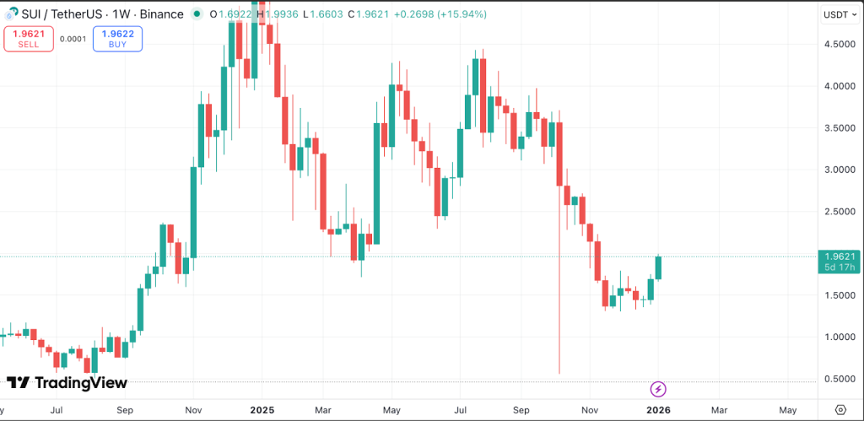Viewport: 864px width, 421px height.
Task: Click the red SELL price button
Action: tap(28, 39)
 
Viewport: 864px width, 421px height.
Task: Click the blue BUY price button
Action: tap(117, 39)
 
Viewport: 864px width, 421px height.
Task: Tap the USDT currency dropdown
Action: tap(839, 14)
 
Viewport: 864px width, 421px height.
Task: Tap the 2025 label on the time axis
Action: tap(262, 409)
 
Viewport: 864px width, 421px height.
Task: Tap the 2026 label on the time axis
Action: tap(658, 409)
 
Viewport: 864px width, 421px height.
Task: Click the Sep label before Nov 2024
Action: tap(125, 409)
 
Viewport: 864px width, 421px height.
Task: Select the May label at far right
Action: tap(786, 409)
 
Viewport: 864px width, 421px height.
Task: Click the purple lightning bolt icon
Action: tap(659, 389)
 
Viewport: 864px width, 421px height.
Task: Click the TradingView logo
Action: tap(67, 383)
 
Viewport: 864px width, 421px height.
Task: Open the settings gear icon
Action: tap(840, 409)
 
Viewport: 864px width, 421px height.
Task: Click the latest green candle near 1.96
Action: tap(658, 267)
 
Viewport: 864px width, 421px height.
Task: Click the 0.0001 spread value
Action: tap(73, 39)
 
